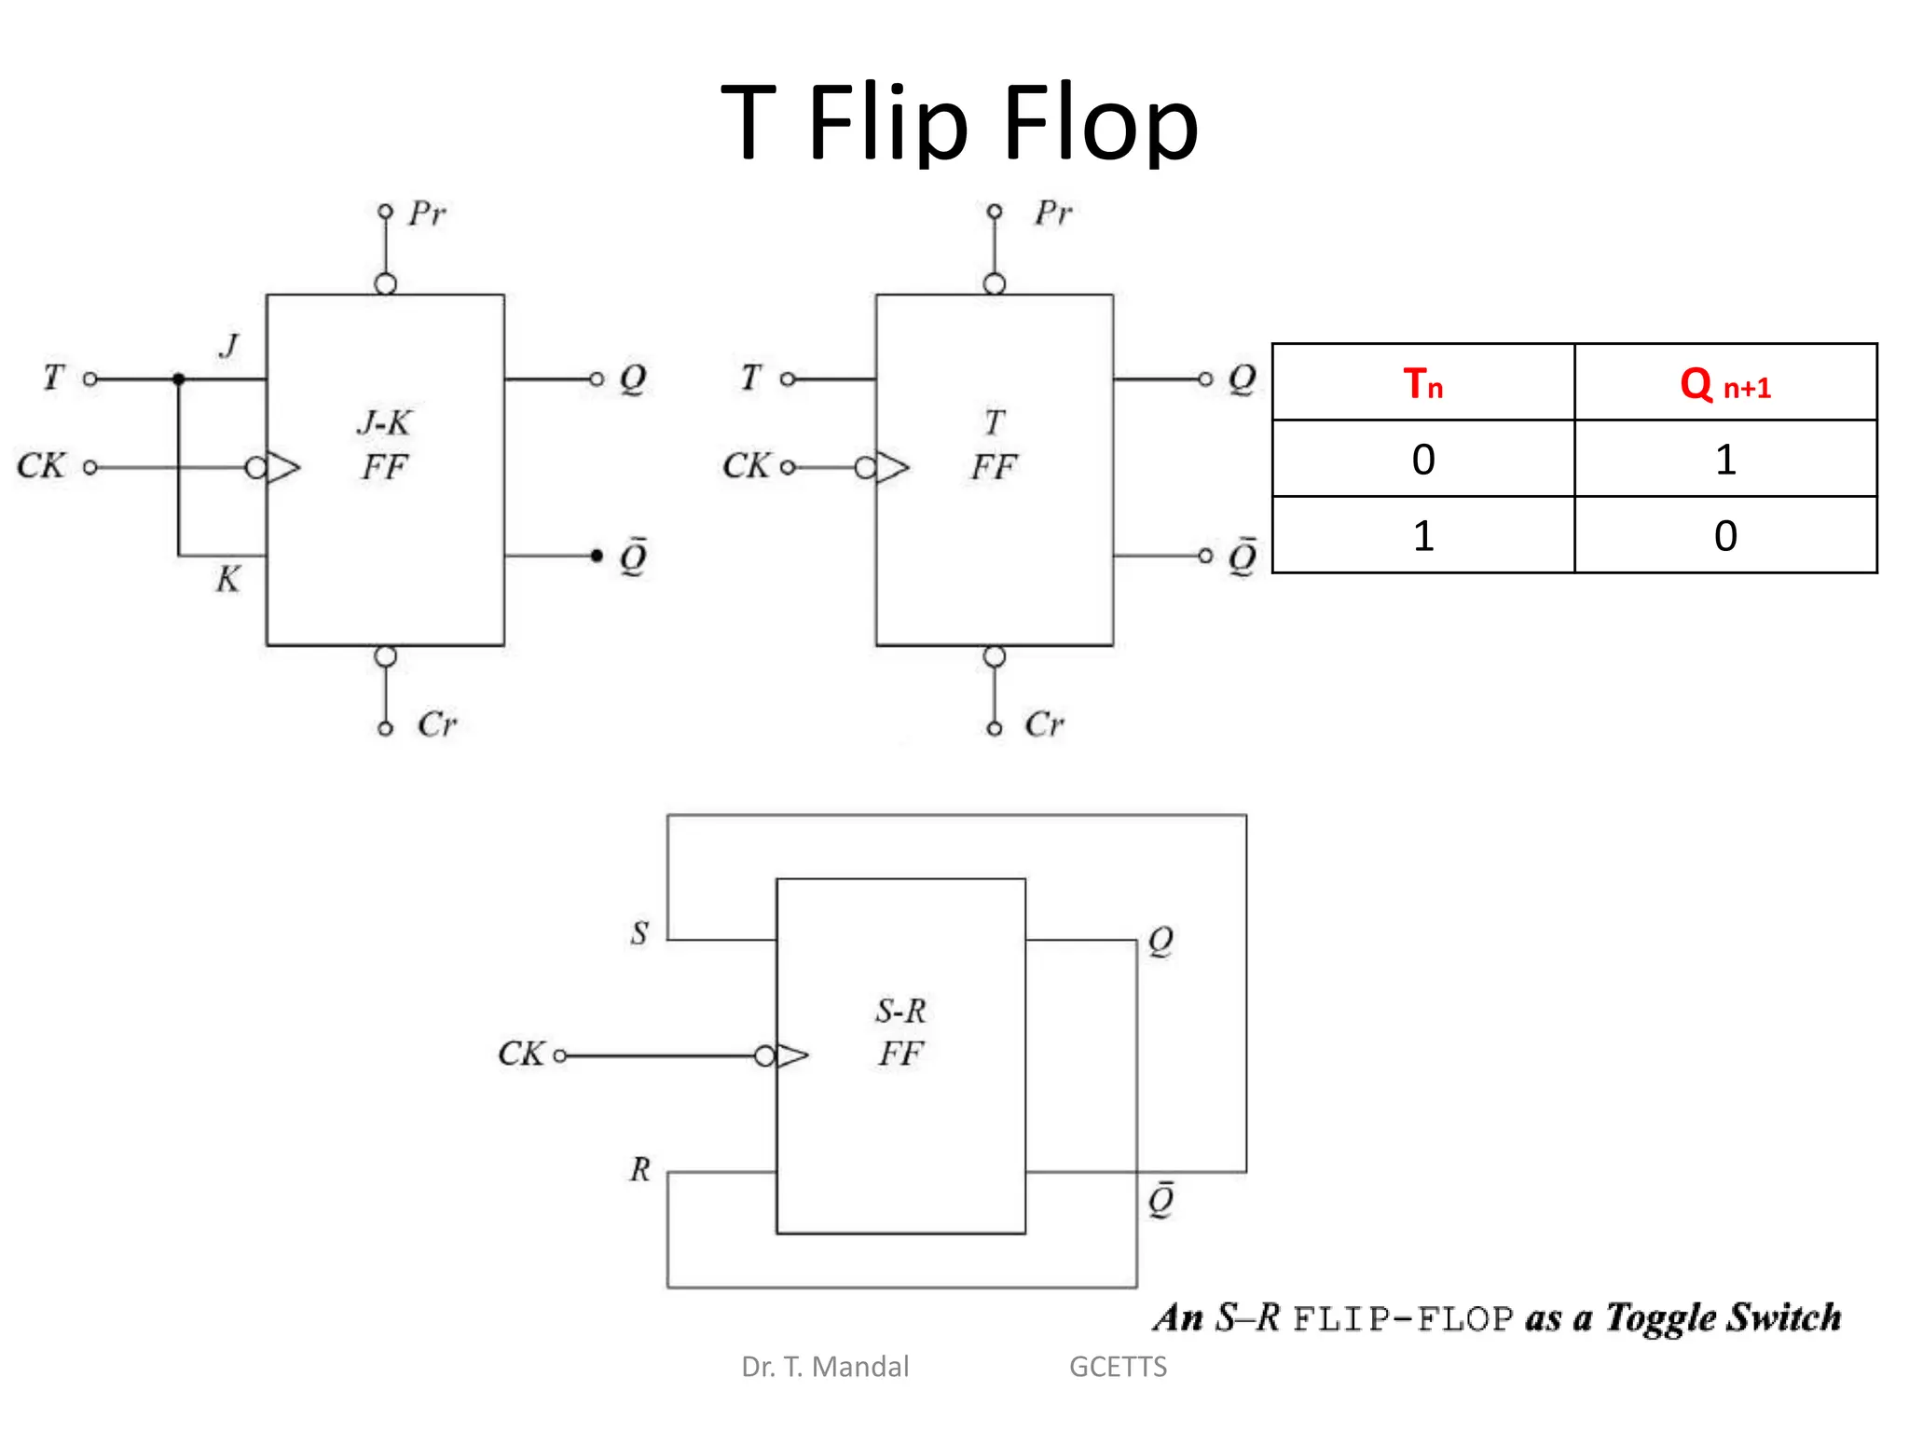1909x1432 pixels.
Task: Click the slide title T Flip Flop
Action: (959, 123)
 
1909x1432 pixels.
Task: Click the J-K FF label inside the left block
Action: (384, 445)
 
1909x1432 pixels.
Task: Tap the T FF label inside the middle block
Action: (994, 445)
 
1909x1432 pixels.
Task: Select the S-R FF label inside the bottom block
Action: (900, 1032)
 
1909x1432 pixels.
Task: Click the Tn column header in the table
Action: (1422, 383)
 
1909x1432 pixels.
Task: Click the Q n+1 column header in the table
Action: (1724, 383)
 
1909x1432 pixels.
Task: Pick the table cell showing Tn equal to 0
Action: (1422, 459)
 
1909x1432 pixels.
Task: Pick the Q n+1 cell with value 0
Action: (1724, 535)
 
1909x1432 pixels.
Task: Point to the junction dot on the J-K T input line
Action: (179, 379)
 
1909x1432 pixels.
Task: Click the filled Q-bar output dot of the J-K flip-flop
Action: (597, 556)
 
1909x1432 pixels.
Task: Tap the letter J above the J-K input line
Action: (229, 346)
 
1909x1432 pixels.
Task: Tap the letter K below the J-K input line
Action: (227, 579)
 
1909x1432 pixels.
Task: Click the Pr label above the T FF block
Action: (1053, 213)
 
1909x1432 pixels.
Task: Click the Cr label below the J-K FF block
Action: (437, 724)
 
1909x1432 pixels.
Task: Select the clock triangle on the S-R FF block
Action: (791, 1055)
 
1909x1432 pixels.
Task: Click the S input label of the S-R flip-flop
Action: (639, 932)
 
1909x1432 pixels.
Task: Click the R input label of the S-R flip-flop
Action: (639, 1168)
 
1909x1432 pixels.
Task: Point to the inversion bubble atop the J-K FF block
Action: (385, 283)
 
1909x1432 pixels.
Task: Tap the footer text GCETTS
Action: (1118, 1367)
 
